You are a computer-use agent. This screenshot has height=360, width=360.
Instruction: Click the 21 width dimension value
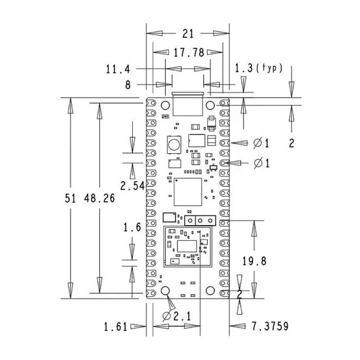click(188, 34)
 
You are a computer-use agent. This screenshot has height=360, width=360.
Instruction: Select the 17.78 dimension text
click(189, 52)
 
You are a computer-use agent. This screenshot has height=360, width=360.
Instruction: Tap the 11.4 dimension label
click(118, 69)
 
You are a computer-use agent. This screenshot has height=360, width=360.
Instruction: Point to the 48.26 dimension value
click(99, 198)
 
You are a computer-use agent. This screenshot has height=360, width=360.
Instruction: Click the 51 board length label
click(70, 198)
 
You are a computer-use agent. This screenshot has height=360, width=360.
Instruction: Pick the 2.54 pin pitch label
click(133, 186)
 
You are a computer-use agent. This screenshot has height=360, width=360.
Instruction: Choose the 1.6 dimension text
click(132, 227)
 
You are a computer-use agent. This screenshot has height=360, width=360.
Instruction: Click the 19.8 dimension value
click(255, 261)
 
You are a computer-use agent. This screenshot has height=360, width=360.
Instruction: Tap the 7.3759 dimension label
click(270, 326)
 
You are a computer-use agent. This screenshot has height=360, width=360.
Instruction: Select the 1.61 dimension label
click(116, 327)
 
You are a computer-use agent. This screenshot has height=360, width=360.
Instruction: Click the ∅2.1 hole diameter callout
click(176, 317)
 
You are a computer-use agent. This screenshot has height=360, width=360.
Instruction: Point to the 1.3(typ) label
click(259, 68)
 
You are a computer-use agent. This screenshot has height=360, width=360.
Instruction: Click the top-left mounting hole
click(165, 105)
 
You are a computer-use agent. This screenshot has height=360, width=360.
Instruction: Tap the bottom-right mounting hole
click(210, 291)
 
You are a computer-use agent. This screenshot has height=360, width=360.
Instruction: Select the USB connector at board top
click(188, 104)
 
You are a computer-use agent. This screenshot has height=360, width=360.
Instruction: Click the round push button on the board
click(174, 144)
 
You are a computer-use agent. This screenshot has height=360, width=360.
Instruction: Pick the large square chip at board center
click(188, 192)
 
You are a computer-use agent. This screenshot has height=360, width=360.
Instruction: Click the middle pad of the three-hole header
click(200, 221)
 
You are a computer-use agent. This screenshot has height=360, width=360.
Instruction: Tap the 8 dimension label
click(128, 85)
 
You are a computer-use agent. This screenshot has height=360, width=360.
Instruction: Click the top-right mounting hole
click(210, 105)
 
